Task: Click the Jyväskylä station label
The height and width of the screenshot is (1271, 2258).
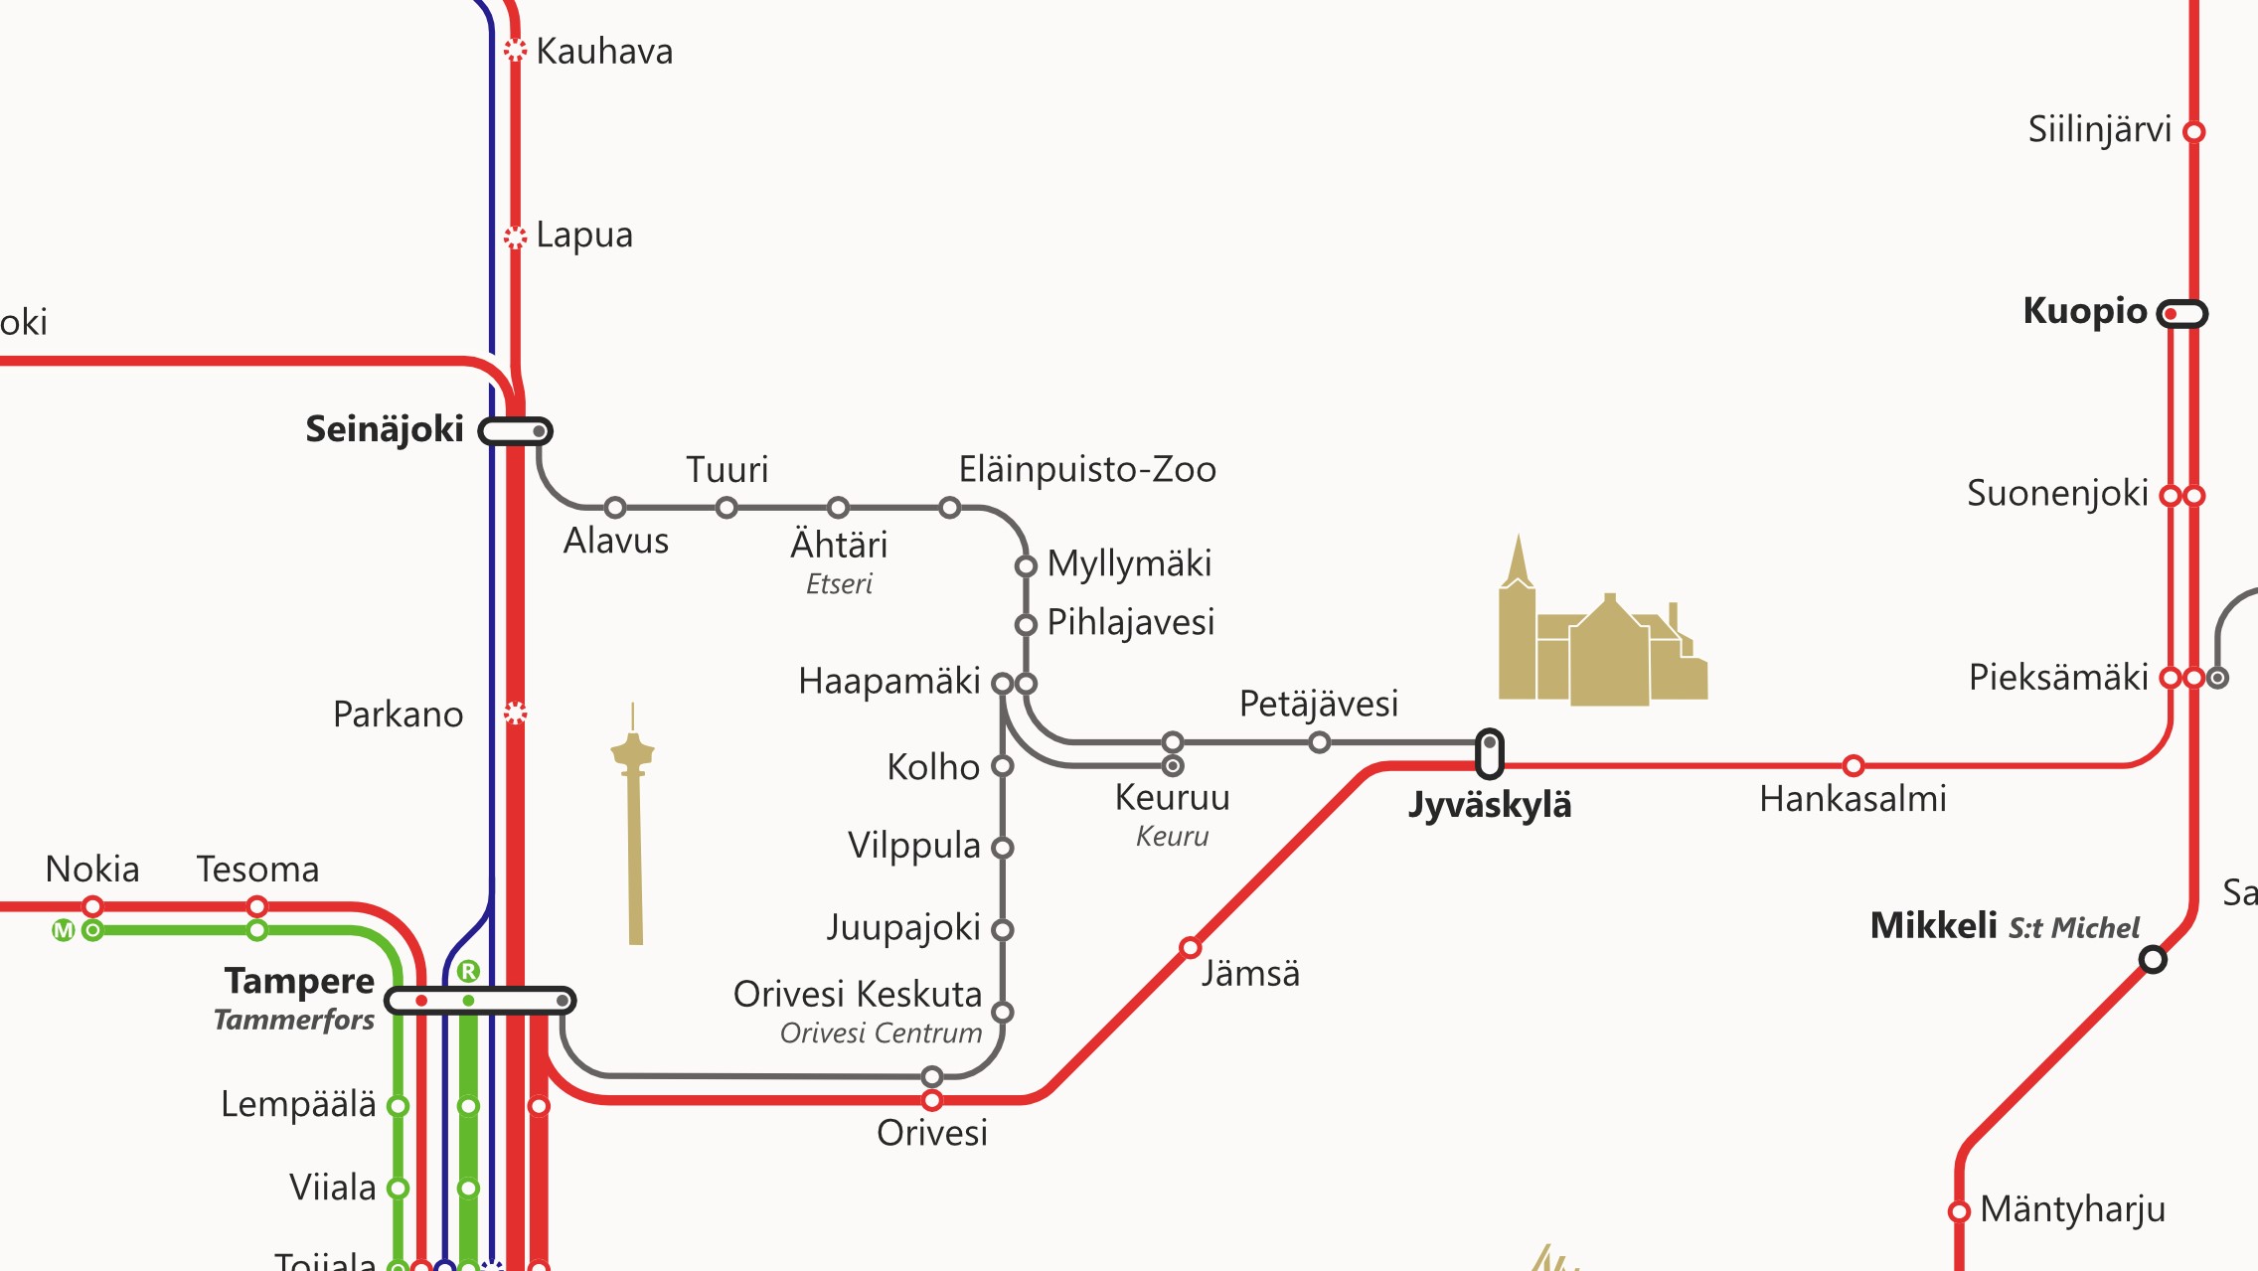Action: click(x=1490, y=805)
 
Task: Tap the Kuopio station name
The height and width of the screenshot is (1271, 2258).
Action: click(x=2084, y=311)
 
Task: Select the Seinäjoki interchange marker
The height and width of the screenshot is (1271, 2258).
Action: click(x=515, y=431)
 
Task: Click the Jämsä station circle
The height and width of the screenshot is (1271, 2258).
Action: click(x=1190, y=947)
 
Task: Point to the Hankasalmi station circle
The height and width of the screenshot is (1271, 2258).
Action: click(x=1853, y=765)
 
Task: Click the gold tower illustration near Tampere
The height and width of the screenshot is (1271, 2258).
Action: click(x=634, y=825)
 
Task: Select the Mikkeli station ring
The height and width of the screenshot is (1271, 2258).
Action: click(x=2153, y=959)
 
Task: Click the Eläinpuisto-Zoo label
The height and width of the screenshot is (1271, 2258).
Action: click(x=1086, y=469)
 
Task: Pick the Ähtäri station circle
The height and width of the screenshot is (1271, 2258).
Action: click(x=838, y=508)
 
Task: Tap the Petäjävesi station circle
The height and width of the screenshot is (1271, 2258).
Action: click(x=1319, y=742)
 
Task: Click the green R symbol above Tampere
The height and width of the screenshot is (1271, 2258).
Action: click(x=468, y=971)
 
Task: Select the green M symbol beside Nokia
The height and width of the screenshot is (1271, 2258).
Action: click(x=63, y=931)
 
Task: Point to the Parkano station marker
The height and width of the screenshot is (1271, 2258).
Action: click(x=515, y=713)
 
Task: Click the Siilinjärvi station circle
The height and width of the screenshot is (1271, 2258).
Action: click(x=2194, y=131)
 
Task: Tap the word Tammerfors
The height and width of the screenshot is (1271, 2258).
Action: click(x=294, y=1021)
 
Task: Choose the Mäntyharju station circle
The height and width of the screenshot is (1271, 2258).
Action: click(x=1959, y=1211)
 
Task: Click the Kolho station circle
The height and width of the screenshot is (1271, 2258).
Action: click(x=1003, y=766)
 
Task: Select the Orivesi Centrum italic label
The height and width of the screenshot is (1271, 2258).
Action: click(x=881, y=1033)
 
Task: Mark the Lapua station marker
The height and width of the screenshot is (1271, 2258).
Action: click(x=515, y=237)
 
